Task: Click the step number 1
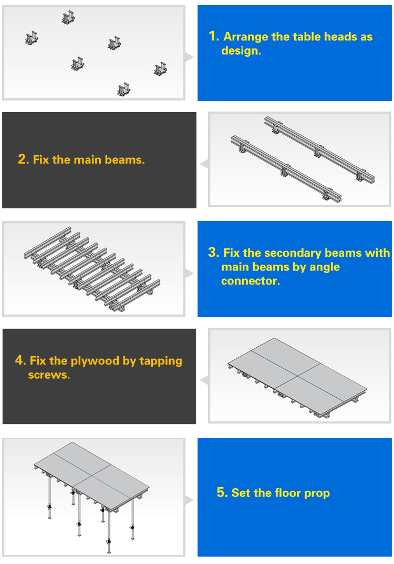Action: (214, 36)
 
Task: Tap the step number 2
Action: (23, 159)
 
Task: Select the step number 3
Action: (213, 253)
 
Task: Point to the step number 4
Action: (20, 360)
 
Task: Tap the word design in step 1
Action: (240, 51)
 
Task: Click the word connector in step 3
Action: (250, 281)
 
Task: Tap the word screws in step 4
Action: (48, 375)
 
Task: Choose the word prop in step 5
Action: (317, 493)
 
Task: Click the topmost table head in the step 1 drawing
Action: (68, 17)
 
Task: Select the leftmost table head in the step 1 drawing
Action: (32, 38)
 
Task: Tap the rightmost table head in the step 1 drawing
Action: (161, 69)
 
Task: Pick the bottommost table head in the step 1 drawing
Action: (124, 89)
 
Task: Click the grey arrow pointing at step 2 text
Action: (205, 164)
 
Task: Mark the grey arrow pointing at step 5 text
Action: (189, 500)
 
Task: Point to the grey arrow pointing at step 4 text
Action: (205, 380)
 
